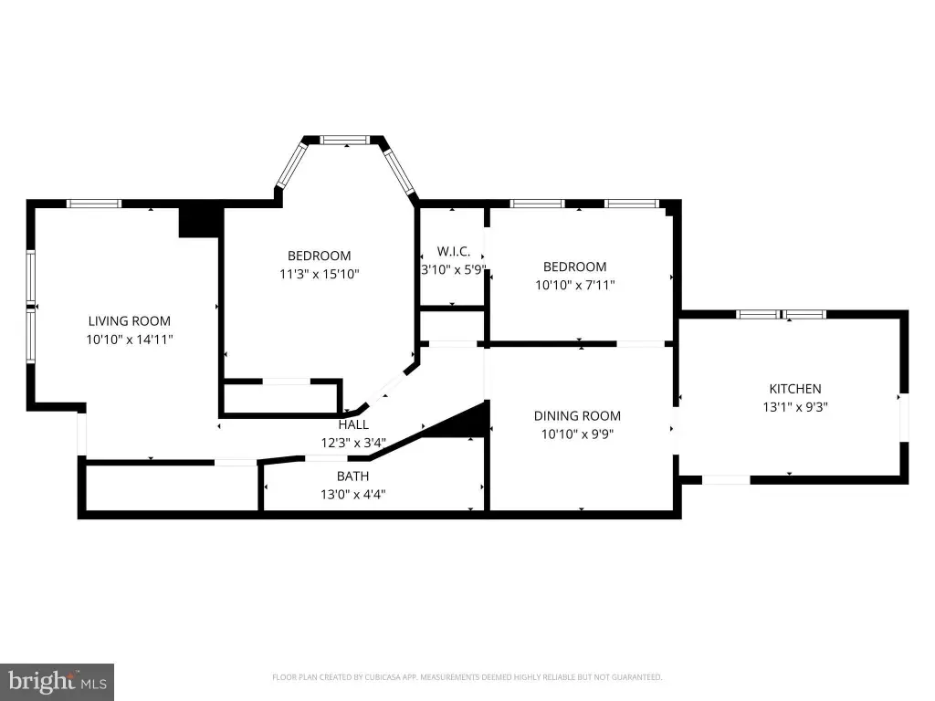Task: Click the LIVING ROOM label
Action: [x=130, y=321]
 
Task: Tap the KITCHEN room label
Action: [x=795, y=389]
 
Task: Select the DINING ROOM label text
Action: [x=577, y=416]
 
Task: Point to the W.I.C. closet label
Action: [x=454, y=252]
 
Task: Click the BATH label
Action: [x=353, y=476]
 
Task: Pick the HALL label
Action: [x=353, y=425]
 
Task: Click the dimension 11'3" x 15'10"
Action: [x=320, y=274]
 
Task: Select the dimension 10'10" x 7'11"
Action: [x=575, y=285]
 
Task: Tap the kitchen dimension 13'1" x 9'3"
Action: [x=795, y=407]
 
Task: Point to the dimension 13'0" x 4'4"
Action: [x=353, y=494]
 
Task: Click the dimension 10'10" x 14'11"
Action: [x=130, y=340]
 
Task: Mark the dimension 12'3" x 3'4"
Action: [x=353, y=443]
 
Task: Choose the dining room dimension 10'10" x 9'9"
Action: [x=577, y=434]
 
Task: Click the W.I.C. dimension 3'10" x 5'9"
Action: [x=454, y=269]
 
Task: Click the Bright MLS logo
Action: [x=58, y=682]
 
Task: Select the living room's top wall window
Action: [x=94, y=204]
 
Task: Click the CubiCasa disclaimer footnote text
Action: [x=467, y=677]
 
